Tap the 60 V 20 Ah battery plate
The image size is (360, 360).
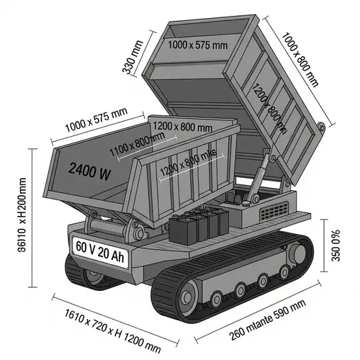coord(99,246)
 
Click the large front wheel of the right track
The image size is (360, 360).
coord(189,295)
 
